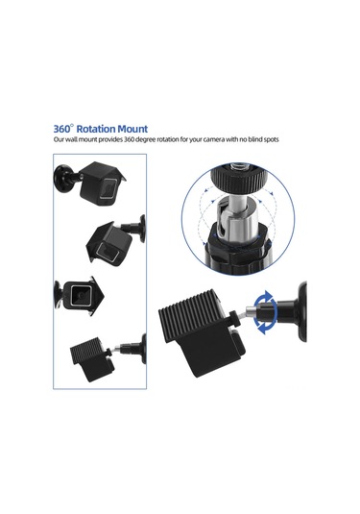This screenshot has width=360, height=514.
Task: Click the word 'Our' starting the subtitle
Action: (60, 139)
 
